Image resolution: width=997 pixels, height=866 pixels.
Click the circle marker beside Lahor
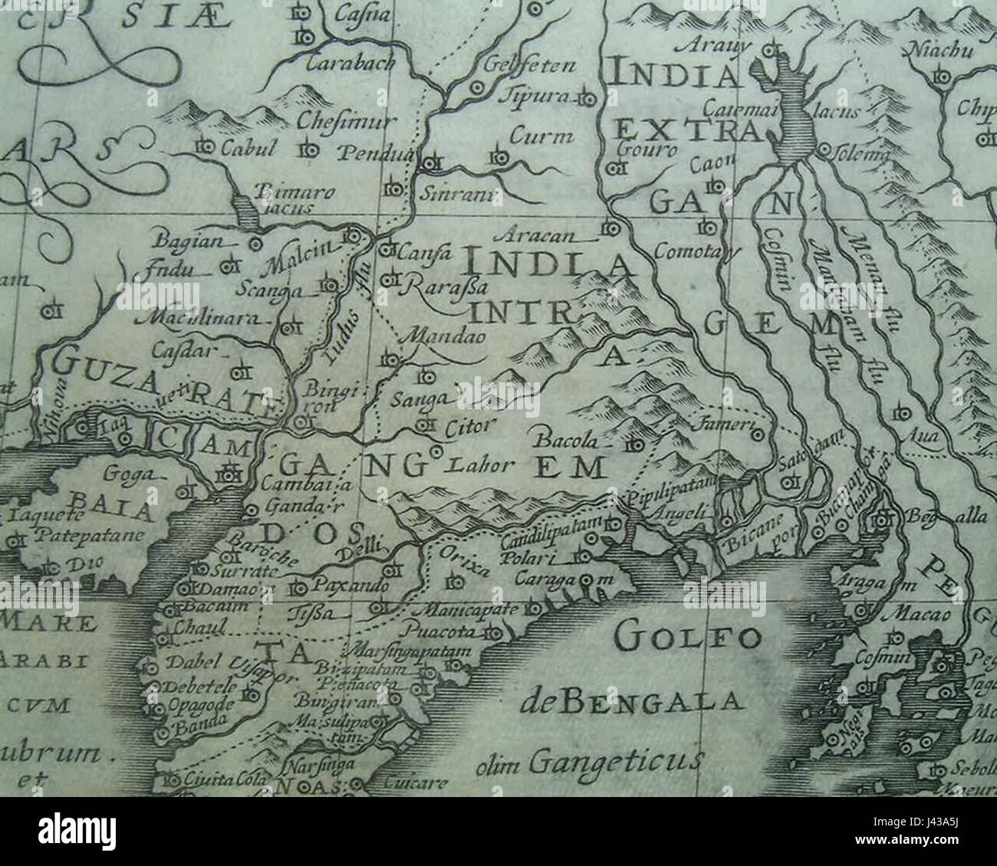[438, 452]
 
